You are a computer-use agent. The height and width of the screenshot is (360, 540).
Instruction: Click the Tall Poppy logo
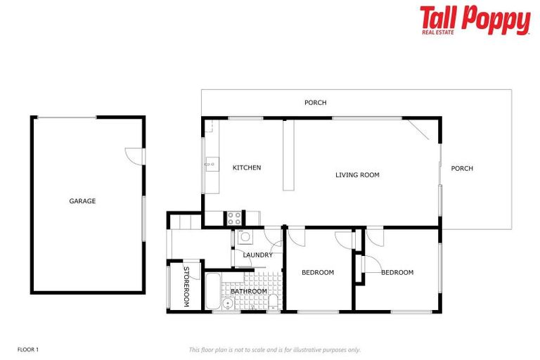point(475,20)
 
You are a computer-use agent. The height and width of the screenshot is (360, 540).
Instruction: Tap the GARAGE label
point(82,201)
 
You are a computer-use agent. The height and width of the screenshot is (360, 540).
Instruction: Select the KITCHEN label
point(247,168)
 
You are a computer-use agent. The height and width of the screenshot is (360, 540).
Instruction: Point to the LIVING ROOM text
point(357,175)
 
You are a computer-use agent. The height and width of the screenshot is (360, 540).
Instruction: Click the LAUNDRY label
point(257,255)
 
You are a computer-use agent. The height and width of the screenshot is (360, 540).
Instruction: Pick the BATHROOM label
point(249,291)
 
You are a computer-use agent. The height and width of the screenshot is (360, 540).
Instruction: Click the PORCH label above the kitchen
point(315,103)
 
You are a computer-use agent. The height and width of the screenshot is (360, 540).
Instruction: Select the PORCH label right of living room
point(462,169)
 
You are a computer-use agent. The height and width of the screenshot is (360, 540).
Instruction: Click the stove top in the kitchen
point(234,218)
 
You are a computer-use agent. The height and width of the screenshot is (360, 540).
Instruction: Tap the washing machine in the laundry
point(245,237)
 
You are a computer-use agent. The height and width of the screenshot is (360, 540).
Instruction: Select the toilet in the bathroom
point(272,302)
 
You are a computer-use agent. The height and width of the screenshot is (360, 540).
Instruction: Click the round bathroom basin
point(228,304)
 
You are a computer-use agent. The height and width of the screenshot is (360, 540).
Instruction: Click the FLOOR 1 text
point(27,349)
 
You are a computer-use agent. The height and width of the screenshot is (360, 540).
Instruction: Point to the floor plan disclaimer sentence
point(274,349)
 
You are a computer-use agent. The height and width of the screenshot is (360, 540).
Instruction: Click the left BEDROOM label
point(318,273)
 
